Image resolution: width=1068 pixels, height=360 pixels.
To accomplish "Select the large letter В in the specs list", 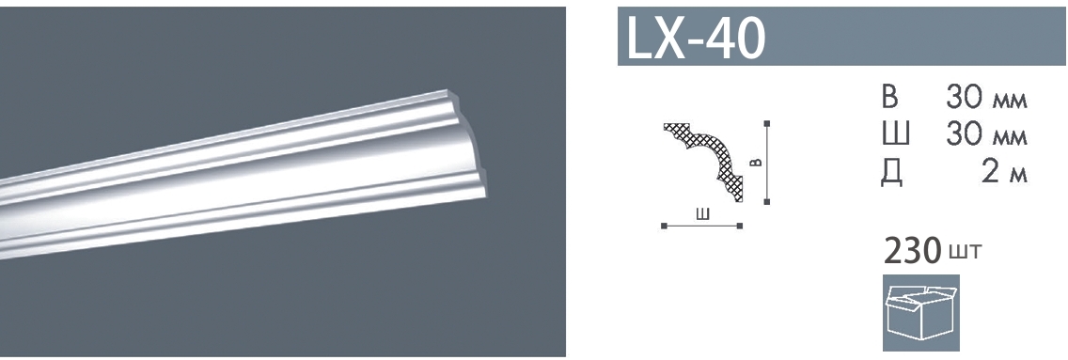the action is coord(889,99).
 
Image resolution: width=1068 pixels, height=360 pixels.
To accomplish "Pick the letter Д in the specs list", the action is coord(891,175).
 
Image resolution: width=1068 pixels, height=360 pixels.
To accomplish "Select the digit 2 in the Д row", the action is coord(990,173).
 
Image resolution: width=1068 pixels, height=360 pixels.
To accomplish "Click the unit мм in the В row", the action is coord(1010,102).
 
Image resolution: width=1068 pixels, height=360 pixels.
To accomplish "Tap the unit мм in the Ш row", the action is coord(1010,139).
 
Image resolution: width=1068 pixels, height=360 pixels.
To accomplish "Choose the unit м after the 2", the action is coord(1018,177).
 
